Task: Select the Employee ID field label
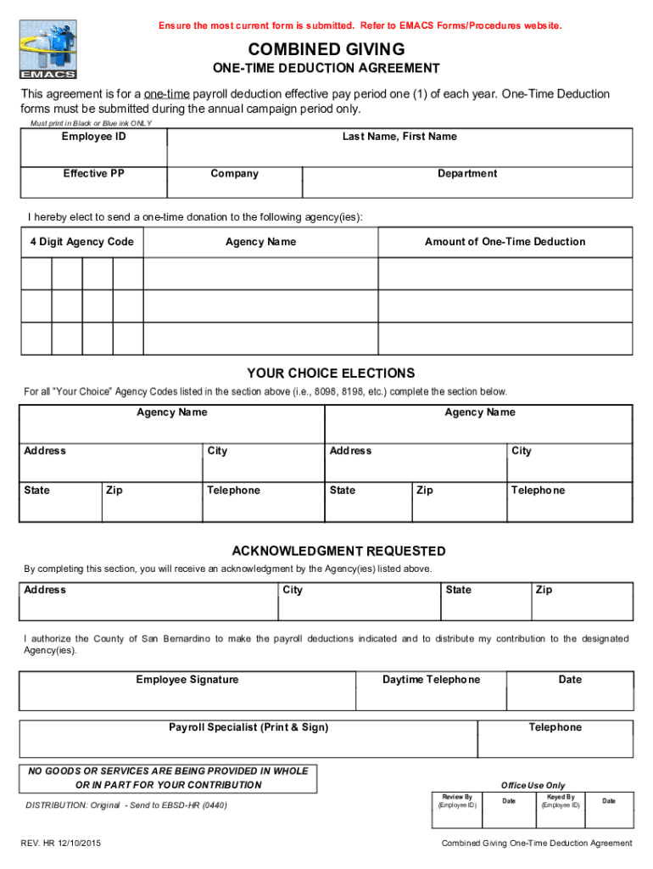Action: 93,137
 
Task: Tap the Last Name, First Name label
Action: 399,137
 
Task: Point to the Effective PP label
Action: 93,174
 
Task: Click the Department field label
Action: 467,174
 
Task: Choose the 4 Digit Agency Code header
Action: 82,243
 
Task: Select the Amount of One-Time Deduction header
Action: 505,243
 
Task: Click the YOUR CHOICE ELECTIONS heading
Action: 331,373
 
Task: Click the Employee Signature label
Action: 187,680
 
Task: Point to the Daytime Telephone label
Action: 431,680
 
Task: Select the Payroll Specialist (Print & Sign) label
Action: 248,728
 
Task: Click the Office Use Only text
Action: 533,786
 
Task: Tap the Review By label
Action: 457,798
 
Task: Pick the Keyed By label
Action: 561,798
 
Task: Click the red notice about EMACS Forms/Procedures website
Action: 360,26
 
